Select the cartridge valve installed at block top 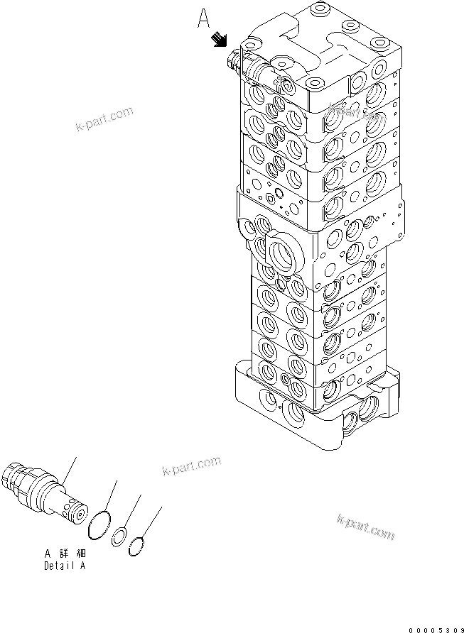tap(254, 69)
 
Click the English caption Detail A tap(65, 566)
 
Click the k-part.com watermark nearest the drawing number tap(365, 529)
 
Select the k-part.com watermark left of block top tap(104, 120)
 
